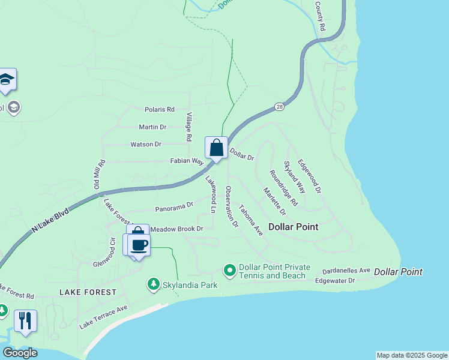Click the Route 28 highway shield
pyautogui.click(x=280, y=106)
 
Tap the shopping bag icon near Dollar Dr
pyautogui.click(x=216, y=148)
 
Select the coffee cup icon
pyautogui.click(x=139, y=245)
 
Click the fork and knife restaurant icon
pyautogui.click(x=25, y=320)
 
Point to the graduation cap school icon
pyautogui.click(x=6, y=80)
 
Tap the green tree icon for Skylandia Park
pyautogui.click(x=154, y=283)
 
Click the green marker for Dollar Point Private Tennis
pyautogui.click(x=229, y=271)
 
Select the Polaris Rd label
pyautogui.click(x=159, y=110)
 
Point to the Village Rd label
pyautogui.click(x=188, y=127)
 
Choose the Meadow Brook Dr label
pyautogui.click(x=177, y=229)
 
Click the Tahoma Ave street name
pyautogui.click(x=251, y=220)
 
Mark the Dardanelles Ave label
pyautogui.click(x=346, y=271)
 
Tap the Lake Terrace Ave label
pyautogui.click(x=104, y=317)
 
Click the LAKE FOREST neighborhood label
pyautogui.click(x=88, y=292)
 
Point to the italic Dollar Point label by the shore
pyautogui.click(x=398, y=272)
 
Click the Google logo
pyautogui.click(x=19, y=352)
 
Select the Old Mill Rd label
pyautogui.click(x=99, y=175)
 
